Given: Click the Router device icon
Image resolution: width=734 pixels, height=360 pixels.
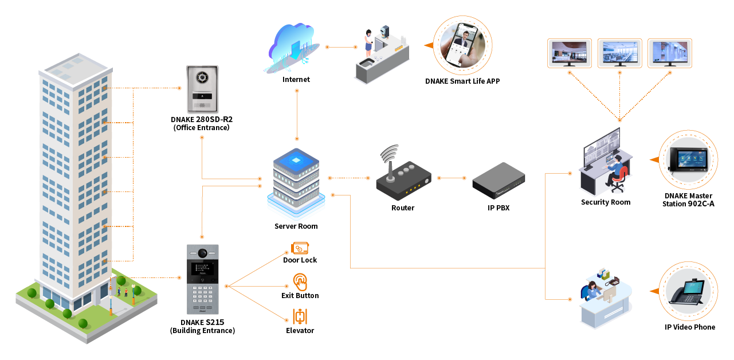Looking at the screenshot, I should [403, 179].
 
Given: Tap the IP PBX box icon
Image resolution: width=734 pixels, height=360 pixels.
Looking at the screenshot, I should [498, 179].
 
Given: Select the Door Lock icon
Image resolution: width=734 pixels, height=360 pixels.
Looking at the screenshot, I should [300, 248].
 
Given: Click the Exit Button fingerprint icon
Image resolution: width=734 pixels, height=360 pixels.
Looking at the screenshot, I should [300, 282].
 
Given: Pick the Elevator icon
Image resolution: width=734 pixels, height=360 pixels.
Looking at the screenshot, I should [300, 316].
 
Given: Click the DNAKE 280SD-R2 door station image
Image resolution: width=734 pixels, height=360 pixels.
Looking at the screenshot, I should [202, 89].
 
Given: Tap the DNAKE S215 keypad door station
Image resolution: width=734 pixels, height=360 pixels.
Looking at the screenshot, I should [203, 281].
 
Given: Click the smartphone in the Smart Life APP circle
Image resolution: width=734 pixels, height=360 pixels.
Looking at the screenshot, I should [463, 46].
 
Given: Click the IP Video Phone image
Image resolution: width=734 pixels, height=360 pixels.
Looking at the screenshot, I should [688, 292].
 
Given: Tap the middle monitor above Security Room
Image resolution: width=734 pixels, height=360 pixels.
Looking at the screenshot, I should [619, 52].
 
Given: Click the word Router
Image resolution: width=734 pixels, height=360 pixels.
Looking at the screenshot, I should [403, 208].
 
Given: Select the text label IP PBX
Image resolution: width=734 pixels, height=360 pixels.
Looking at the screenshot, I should [498, 208].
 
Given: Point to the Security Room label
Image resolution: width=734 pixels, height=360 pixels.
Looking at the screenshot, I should [605, 202].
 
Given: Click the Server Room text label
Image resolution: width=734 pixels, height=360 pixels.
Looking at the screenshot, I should [296, 226].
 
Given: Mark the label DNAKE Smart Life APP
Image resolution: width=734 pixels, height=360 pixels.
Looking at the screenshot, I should [462, 81].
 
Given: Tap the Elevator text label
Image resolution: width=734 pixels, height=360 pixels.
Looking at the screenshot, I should [300, 331].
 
